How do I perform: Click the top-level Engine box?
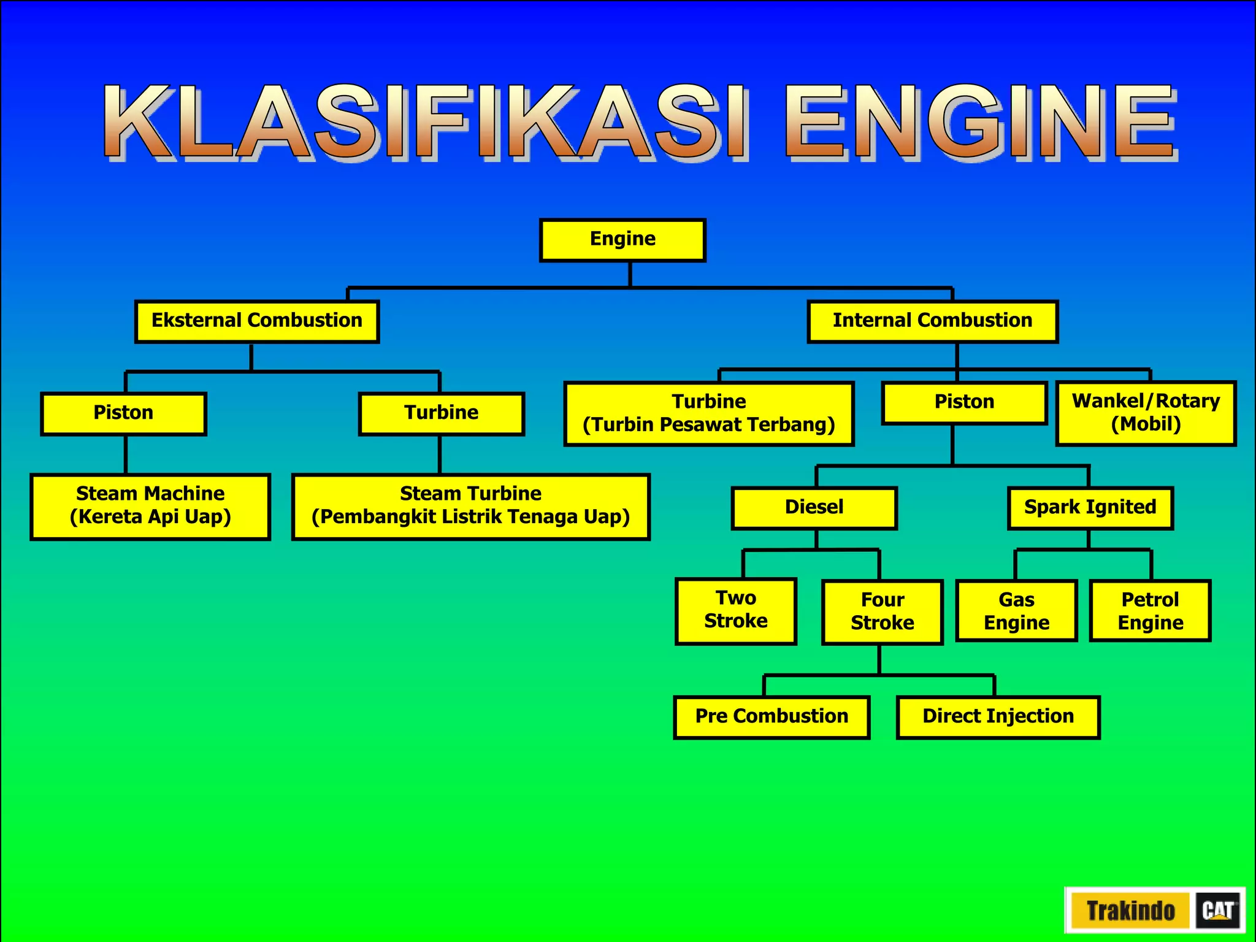[622, 240]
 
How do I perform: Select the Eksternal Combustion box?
[257, 321]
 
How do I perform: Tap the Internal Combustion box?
[932, 321]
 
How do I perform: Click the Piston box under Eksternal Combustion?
[123, 413]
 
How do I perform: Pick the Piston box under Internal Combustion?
[964, 403]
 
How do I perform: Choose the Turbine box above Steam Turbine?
[441, 413]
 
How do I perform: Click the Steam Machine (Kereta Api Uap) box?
[150, 506]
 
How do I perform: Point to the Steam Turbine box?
[470, 506]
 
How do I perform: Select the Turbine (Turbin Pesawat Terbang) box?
[709, 413]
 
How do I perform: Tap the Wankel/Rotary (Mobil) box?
[1146, 413]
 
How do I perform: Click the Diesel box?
[814, 508]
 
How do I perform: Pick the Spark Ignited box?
[1090, 508]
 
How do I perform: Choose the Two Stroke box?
[735, 611]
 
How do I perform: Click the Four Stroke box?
[882, 612]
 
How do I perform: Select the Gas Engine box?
[1016, 611]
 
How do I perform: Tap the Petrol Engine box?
[1150, 611]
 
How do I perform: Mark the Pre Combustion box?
[772, 717]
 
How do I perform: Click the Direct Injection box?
[998, 717]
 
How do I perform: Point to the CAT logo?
[1217, 910]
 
